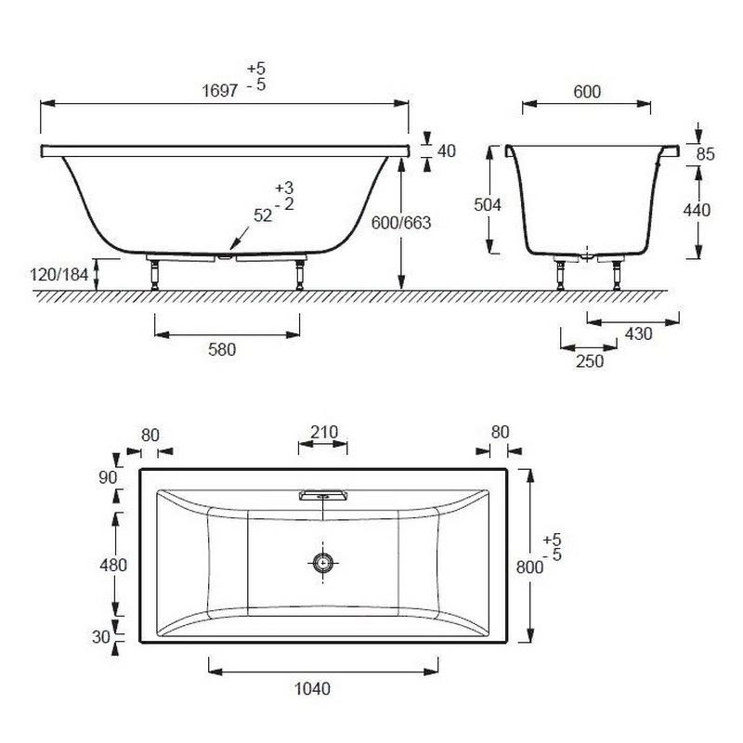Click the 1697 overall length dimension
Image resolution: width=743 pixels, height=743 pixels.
[x=220, y=90]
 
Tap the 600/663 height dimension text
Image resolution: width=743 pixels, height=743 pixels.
[x=401, y=223]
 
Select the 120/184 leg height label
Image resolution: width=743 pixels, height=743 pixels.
[x=59, y=274]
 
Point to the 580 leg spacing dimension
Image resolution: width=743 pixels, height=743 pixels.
[x=222, y=350]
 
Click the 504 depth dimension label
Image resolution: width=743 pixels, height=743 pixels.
[x=488, y=204]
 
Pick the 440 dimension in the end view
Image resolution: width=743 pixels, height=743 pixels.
[x=697, y=210]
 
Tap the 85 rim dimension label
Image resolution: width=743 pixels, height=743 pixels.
[x=706, y=154]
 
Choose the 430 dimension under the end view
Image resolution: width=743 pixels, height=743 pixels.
[x=639, y=334]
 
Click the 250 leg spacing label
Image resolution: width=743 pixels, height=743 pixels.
[x=590, y=361]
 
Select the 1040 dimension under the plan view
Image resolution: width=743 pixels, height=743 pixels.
[x=312, y=688]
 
